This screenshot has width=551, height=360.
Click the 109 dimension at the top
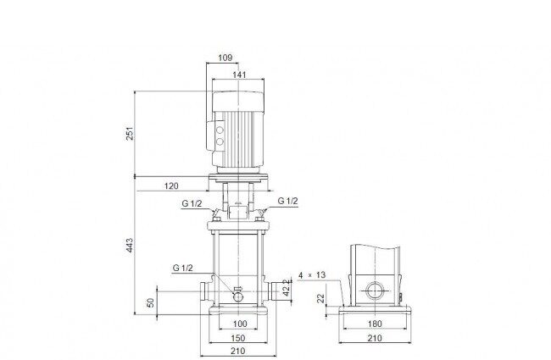click(x=225, y=58)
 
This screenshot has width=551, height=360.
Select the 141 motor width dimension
click(x=239, y=75)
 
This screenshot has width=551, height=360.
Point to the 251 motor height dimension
click(x=130, y=134)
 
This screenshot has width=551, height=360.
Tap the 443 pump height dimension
click(x=130, y=245)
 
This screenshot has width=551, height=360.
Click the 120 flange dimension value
click(x=171, y=186)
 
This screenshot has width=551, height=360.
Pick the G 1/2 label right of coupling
click(x=287, y=201)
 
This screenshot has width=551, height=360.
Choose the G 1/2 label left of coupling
click(x=192, y=203)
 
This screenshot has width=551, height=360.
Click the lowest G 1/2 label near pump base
click(x=183, y=268)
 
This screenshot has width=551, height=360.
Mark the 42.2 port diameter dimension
click(x=287, y=287)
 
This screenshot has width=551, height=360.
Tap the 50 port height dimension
click(x=150, y=302)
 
